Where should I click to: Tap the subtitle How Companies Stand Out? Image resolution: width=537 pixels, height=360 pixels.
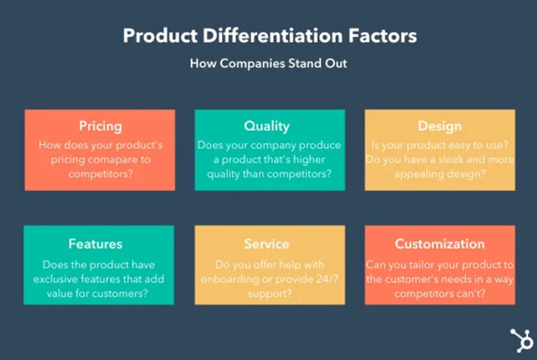coord(268,63)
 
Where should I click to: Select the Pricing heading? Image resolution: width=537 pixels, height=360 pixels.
coord(100,127)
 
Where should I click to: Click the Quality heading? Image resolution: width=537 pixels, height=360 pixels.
coord(266,127)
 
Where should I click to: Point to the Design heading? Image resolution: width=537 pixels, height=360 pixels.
coord(439,127)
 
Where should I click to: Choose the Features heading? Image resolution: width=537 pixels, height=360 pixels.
coord(95,244)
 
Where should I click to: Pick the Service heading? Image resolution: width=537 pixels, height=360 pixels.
coord(266,244)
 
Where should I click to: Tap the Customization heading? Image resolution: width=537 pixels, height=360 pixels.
coord(439,244)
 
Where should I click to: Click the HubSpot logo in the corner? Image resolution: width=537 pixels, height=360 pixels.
coord(521,340)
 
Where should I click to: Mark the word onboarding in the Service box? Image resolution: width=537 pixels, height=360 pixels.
coord(231,280)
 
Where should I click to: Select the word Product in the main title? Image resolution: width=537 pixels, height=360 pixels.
coord(157,36)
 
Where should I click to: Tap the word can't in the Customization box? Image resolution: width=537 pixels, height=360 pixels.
coord(473,294)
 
